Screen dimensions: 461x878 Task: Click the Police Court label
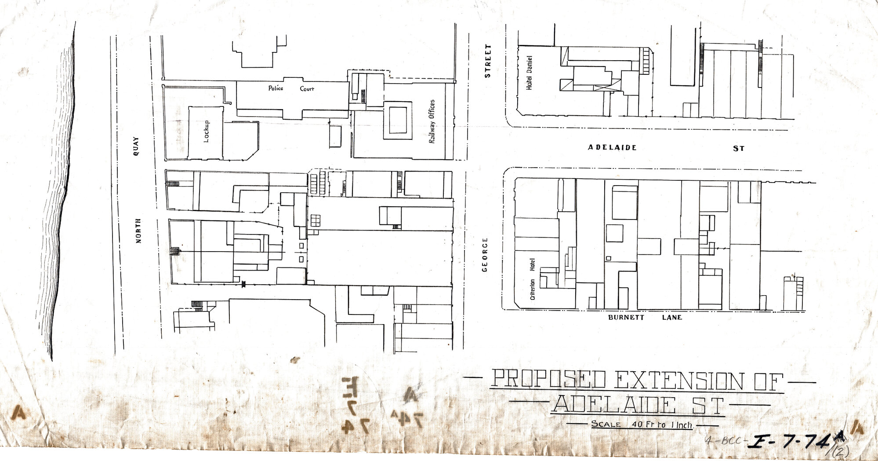[291, 88]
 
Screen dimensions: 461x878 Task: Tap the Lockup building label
[206, 132]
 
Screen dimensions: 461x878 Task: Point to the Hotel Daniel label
[529, 73]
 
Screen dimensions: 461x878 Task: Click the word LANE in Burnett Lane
[671, 317]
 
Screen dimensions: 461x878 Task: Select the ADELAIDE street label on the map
[612, 148]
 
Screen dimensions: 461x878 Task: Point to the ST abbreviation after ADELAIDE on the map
[738, 149]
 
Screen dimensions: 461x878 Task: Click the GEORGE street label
[485, 255]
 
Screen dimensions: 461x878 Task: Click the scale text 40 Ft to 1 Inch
[662, 425]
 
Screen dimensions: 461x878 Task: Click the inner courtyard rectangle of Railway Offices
[398, 120]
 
